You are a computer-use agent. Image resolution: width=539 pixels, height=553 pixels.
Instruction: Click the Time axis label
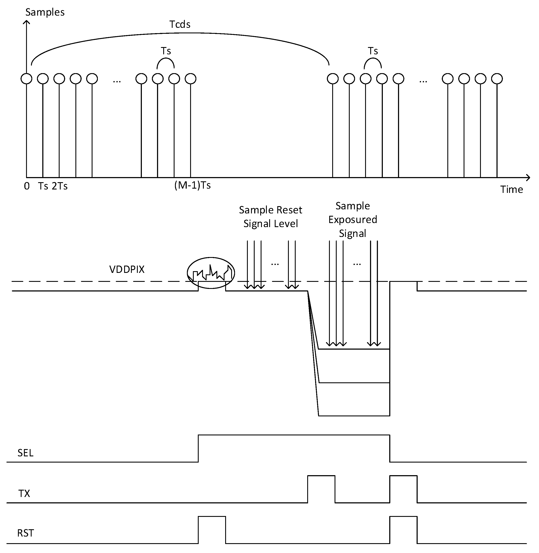pyautogui.click(x=511, y=189)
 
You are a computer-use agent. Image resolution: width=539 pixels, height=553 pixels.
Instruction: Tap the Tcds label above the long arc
pyautogui.click(x=180, y=24)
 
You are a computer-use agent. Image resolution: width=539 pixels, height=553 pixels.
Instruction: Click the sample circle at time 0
pyautogui.click(x=27, y=79)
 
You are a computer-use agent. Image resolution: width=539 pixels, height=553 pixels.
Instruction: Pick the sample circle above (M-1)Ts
pyautogui.click(x=191, y=79)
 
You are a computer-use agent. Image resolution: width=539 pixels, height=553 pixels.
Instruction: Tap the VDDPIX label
pyautogui.click(x=127, y=269)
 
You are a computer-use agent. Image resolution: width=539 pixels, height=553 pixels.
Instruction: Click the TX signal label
pyautogui.click(x=24, y=494)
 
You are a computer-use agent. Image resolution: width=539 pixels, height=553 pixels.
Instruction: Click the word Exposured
pyautogui.click(x=353, y=220)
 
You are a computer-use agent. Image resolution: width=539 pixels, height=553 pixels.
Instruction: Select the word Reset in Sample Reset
pyautogui.click(x=289, y=210)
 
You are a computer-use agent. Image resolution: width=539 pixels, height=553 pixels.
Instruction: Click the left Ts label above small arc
pyautogui.click(x=166, y=51)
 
